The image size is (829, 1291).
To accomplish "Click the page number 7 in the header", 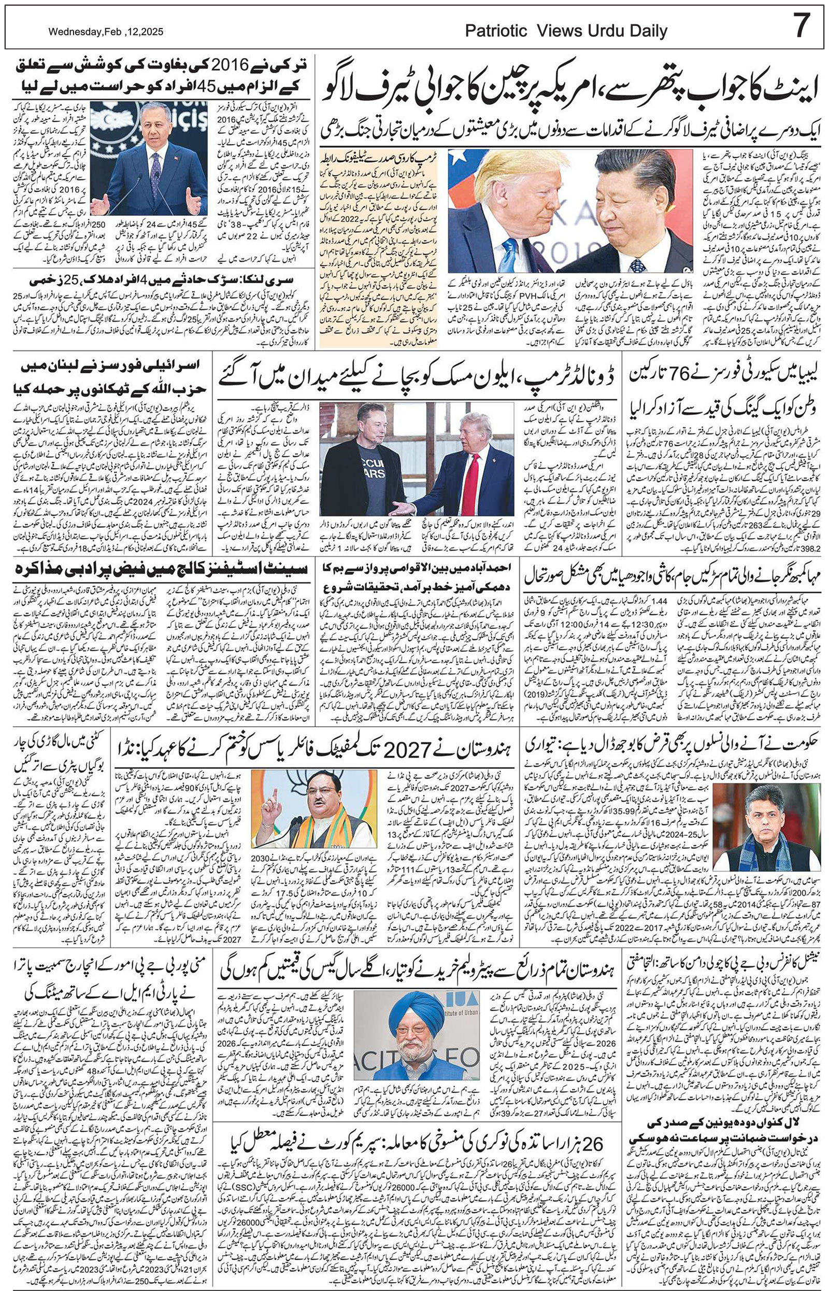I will tap(802, 27).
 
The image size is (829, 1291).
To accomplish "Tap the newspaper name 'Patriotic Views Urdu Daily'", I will tap(566, 31).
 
